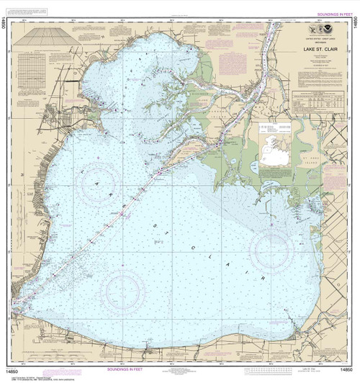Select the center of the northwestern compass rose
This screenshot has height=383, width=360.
coord(101,184)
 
